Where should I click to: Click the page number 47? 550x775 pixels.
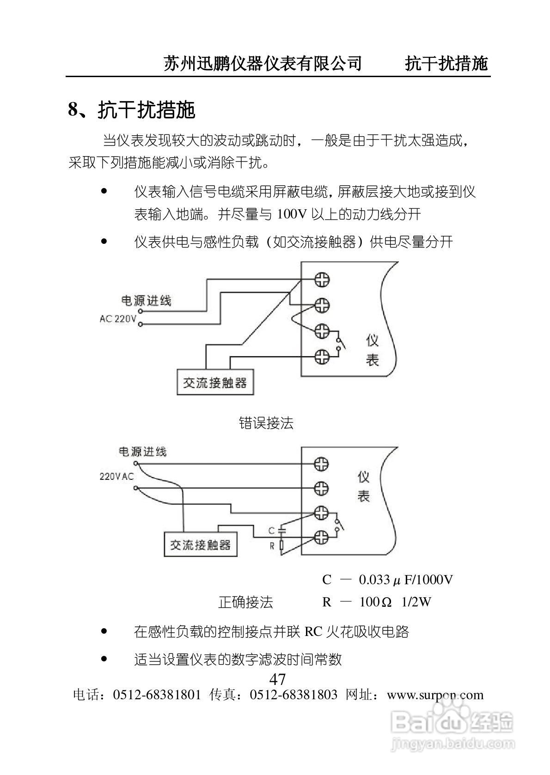click(x=277, y=679)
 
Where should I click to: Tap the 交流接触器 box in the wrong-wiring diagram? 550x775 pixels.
click(x=215, y=382)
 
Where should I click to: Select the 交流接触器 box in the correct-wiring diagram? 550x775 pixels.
click(x=201, y=545)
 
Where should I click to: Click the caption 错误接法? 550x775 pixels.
click(x=266, y=423)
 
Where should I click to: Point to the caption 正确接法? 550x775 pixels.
click(x=245, y=602)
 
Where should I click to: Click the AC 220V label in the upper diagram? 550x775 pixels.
click(x=118, y=319)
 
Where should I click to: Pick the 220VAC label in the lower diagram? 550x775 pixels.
click(x=116, y=476)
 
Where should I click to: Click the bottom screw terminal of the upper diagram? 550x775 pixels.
click(x=322, y=356)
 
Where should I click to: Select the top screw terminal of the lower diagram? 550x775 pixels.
click(x=321, y=464)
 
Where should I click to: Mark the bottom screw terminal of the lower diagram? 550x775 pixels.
click(x=321, y=537)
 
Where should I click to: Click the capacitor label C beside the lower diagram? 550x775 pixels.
click(x=272, y=531)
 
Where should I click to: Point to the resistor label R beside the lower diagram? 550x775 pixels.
click(x=272, y=546)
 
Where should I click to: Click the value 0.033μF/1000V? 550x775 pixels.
click(x=405, y=580)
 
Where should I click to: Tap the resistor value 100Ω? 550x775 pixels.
click(x=375, y=602)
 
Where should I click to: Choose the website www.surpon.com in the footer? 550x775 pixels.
click(x=435, y=695)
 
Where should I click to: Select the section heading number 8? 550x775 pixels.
click(x=73, y=110)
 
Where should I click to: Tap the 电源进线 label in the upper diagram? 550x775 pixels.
click(x=146, y=301)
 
